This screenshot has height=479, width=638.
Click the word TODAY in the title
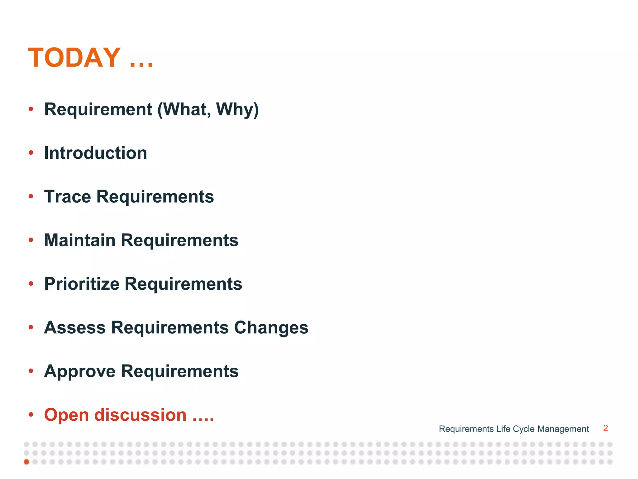74,58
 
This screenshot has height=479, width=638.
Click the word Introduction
95,153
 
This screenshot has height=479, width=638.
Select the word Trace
68,197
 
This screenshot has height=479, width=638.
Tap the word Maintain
80,240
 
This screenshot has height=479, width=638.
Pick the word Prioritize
82,284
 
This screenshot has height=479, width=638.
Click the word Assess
75,328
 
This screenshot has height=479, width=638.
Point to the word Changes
271,328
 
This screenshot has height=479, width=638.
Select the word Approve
80,371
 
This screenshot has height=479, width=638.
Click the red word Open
66,415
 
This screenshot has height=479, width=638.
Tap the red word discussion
140,415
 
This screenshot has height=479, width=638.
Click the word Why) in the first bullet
237,109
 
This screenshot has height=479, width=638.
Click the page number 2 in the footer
605,428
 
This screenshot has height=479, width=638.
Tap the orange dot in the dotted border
26,462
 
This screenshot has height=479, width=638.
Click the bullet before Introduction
31,153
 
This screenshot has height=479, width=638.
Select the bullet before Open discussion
31,415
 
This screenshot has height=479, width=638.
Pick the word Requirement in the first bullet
98,109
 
